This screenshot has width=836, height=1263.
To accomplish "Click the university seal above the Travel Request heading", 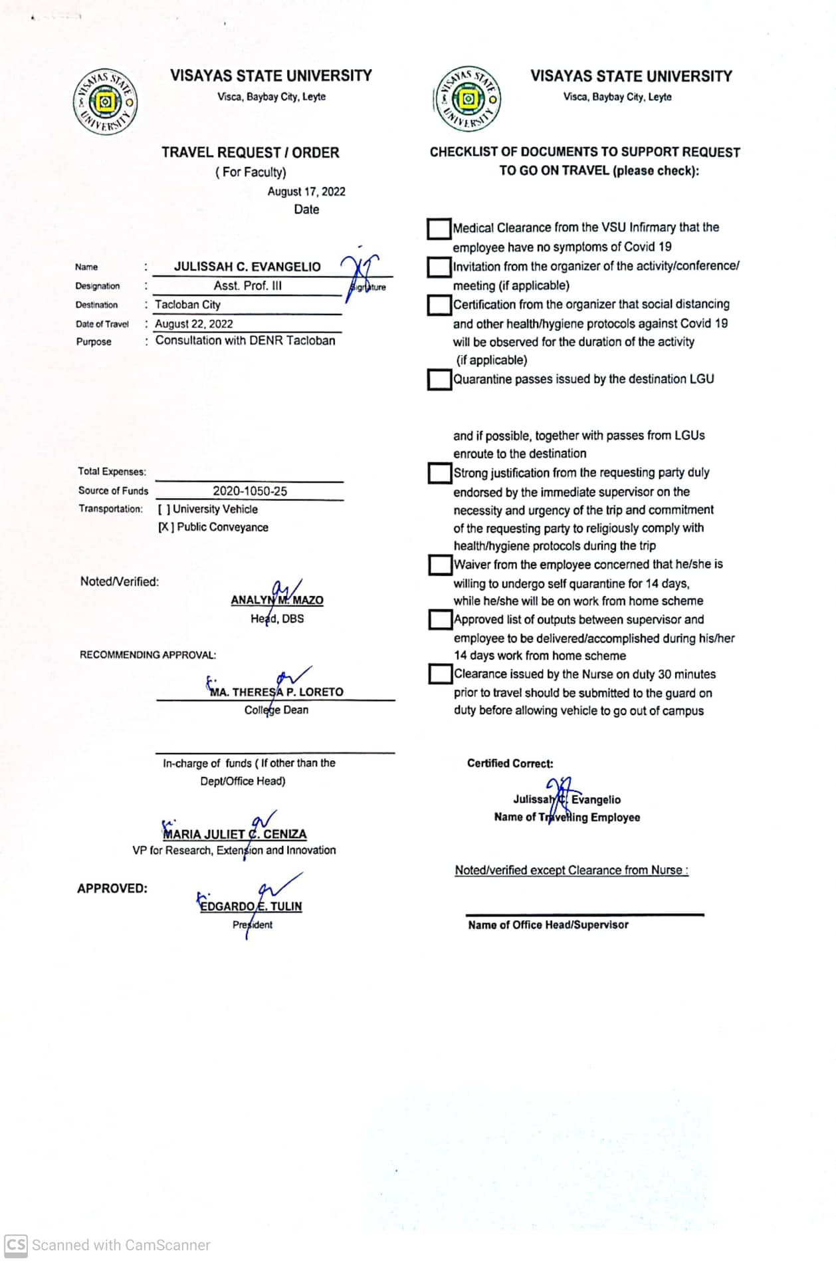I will point(105,102).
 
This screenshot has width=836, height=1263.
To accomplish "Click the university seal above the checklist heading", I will point(468,99).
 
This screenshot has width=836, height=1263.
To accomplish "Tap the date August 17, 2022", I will point(306,192).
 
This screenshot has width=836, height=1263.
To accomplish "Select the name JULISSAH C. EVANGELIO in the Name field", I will point(247,267).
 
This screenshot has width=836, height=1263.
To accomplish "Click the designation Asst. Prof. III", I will point(247,286).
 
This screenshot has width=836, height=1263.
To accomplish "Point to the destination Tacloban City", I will point(187,305).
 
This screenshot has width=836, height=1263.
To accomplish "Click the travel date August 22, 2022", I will point(194,324).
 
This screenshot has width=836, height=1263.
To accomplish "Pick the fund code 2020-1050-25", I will point(250,491).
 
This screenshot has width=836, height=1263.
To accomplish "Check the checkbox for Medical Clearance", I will point(439,229).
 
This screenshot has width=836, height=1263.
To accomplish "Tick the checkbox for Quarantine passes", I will point(439,380).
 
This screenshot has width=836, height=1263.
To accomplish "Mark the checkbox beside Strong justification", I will point(439,474).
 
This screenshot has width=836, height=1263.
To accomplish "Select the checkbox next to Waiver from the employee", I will point(439,565).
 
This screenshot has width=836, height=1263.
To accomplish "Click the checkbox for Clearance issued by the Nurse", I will point(439,674).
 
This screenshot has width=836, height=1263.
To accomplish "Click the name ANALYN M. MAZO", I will point(277,600).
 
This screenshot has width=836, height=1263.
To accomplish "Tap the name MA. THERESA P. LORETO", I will point(276,692).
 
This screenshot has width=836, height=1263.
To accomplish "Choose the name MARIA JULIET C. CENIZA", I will point(235,834).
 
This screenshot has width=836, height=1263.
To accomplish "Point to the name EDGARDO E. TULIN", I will point(251,906).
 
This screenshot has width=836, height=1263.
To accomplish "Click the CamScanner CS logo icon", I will point(16,1245).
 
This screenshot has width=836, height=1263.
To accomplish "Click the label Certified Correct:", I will point(510,764).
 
